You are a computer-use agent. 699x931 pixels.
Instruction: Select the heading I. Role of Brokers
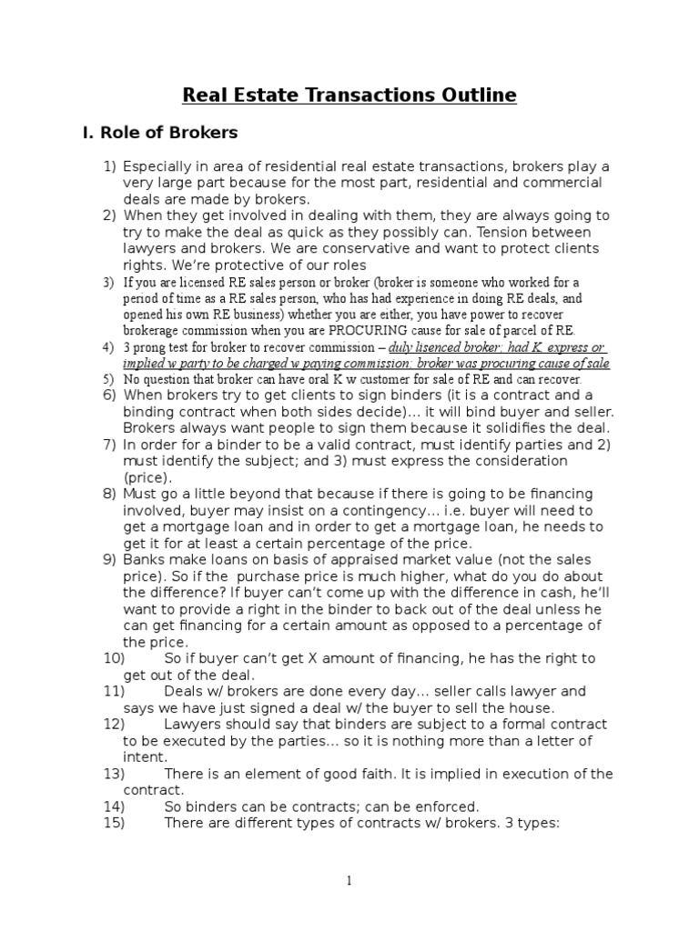[160, 133]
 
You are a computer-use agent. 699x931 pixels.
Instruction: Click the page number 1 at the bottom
[349, 881]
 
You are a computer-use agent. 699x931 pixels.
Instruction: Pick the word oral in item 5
[302, 378]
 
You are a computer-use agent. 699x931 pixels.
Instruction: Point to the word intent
[145, 756]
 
